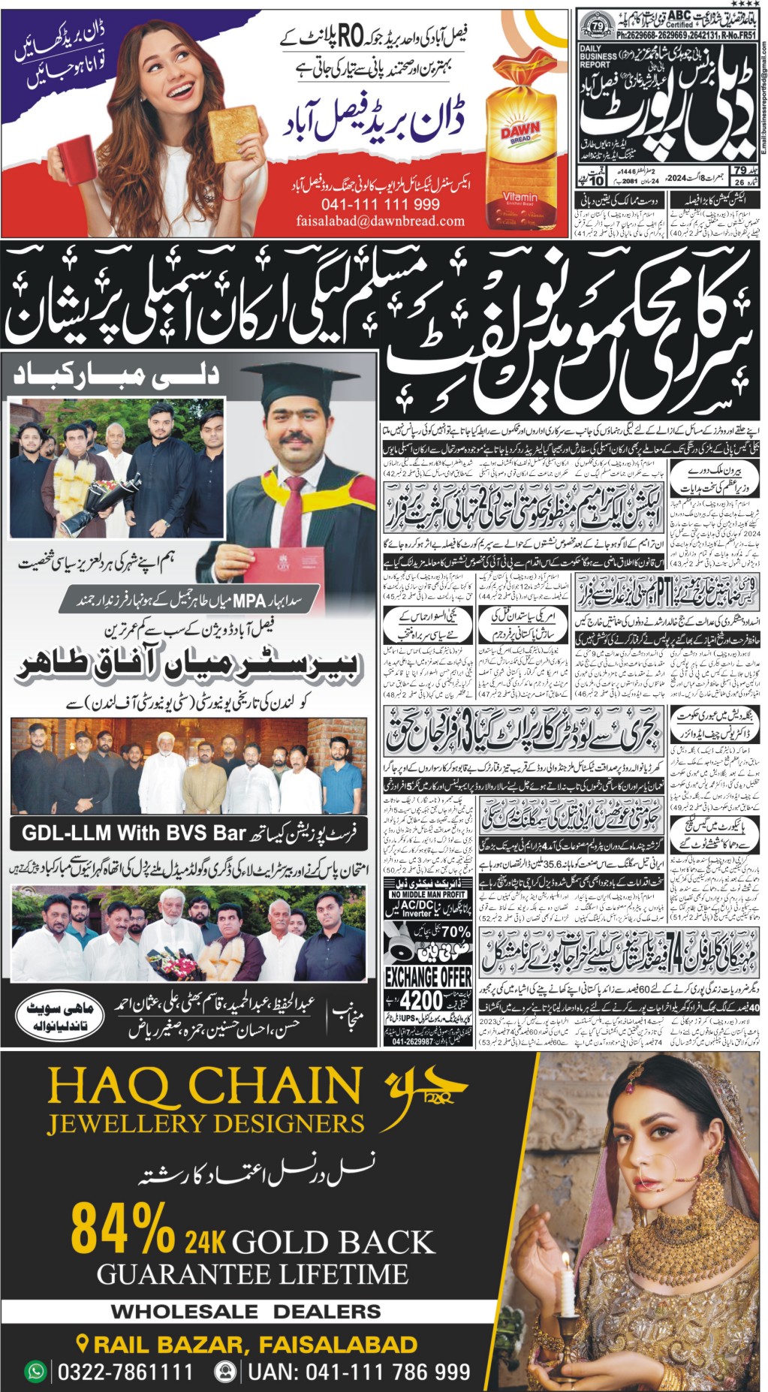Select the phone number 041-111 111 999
click(x=381, y=204)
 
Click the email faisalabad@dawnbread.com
click(x=381, y=221)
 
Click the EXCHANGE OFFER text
click(x=428, y=978)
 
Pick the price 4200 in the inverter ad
click(x=421, y=1001)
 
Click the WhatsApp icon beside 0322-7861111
click(x=35, y=1372)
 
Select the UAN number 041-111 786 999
click(x=359, y=1372)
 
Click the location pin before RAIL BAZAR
click(x=83, y=1343)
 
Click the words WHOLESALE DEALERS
click(x=245, y=1312)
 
